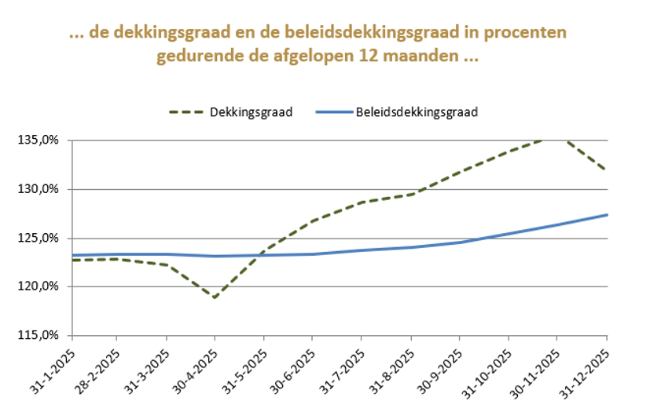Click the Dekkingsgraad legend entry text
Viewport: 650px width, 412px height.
pyautogui.click(x=251, y=112)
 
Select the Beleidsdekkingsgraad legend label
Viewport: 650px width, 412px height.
pyautogui.click(x=417, y=112)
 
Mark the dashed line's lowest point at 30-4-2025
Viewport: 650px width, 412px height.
pyautogui.click(x=215, y=297)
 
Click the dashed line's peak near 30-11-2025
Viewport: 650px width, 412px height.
pyautogui.click(x=556, y=138)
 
